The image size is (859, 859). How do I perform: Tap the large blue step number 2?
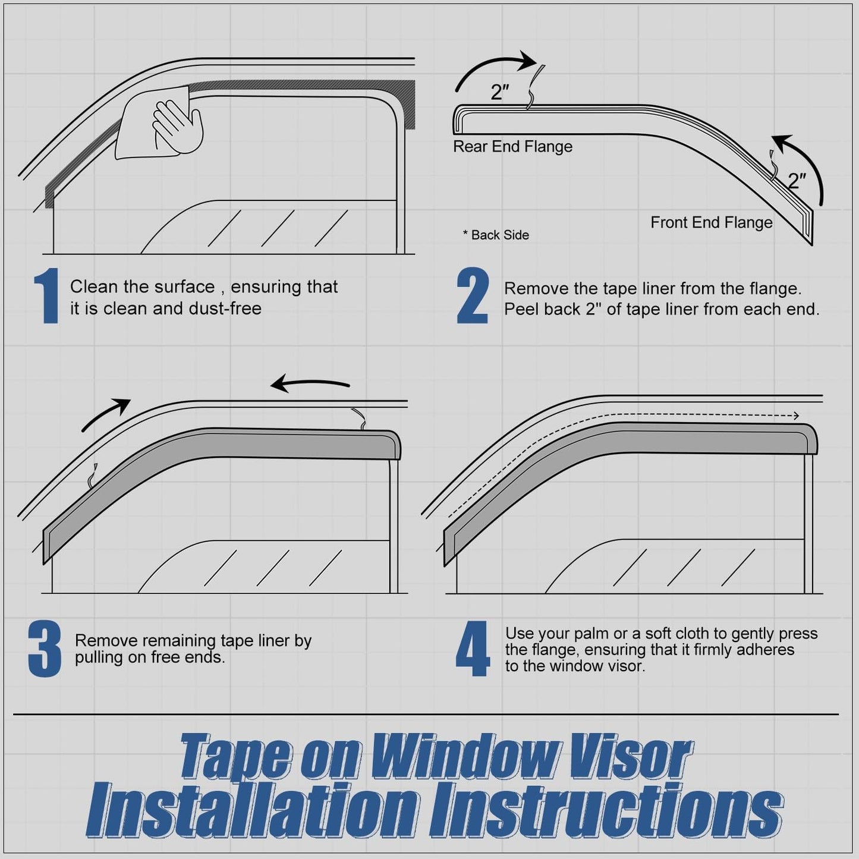pyautogui.click(x=473, y=295)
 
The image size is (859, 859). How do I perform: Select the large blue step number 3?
pyautogui.click(x=45, y=649)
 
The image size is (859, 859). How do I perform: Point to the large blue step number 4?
pyautogui.click(x=473, y=649)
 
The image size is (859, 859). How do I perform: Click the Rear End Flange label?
pyautogui.click(x=512, y=147)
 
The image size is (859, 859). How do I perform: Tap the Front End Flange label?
pyautogui.click(x=711, y=222)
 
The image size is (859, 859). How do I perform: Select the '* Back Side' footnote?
pyautogui.click(x=496, y=235)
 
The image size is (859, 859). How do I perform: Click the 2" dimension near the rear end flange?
pyautogui.click(x=500, y=92)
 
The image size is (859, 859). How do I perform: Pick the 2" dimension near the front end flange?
pyautogui.click(x=797, y=180)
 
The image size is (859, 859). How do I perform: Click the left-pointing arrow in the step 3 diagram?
pyautogui.click(x=309, y=384)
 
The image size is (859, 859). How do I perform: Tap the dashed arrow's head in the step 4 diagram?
pyautogui.click(x=795, y=416)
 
